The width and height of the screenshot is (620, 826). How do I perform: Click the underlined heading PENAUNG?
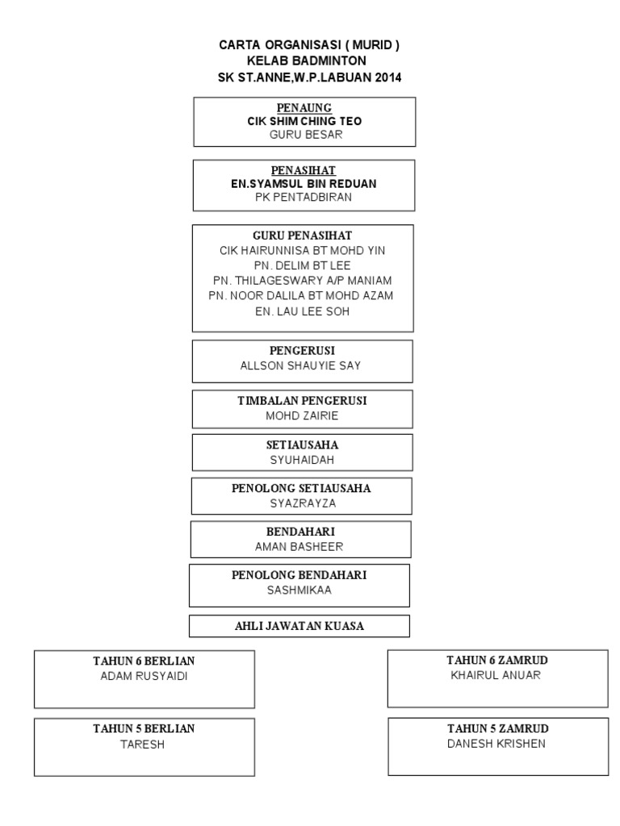[304, 107]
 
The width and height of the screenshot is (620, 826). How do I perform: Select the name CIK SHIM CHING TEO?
[304, 121]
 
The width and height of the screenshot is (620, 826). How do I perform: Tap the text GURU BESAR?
[304, 135]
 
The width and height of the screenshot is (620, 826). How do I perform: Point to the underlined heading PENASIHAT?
[304, 170]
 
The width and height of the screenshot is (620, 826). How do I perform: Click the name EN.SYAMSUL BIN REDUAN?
[304, 184]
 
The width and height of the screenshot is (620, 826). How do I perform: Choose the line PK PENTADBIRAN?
[304, 198]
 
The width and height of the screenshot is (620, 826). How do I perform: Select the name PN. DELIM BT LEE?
[304, 265]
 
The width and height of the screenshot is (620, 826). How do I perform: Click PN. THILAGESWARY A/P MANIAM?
[303, 280]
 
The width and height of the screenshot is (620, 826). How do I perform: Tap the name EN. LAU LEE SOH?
[303, 311]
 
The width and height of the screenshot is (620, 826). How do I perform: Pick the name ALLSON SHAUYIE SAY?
[301, 365]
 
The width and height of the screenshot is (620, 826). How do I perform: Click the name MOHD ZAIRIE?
[302, 415]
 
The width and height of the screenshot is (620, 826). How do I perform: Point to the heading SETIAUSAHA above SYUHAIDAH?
[302, 444]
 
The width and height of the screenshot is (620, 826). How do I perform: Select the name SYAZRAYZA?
[302, 503]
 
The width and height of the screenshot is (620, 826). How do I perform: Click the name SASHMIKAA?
[299, 590]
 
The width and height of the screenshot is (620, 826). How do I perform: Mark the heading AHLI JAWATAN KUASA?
[299, 626]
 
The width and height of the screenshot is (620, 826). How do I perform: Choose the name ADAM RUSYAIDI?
[144, 676]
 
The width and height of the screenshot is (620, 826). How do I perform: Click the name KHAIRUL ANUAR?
[497, 675]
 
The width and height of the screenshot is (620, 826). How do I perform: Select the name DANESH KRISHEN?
[496, 744]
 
